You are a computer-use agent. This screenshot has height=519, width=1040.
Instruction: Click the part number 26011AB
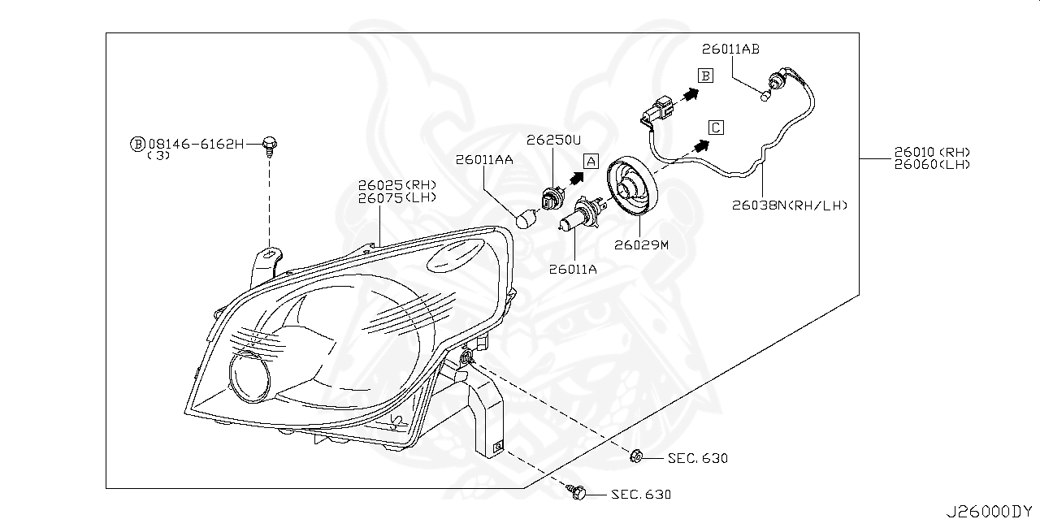click(731, 50)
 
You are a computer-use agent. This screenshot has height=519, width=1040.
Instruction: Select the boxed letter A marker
click(591, 161)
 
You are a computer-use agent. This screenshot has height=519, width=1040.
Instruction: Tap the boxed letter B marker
click(706, 76)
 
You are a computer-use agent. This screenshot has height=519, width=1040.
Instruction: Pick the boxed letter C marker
click(715, 128)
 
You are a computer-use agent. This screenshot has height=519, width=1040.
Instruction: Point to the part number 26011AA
click(484, 161)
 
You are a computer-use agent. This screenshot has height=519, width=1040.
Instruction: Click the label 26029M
click(640, 244)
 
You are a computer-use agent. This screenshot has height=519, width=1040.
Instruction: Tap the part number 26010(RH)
click(932, 152)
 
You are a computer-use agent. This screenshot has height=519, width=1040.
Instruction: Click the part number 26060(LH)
click(932, 164)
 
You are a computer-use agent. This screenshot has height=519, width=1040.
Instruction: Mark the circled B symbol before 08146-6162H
click(137, 144)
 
